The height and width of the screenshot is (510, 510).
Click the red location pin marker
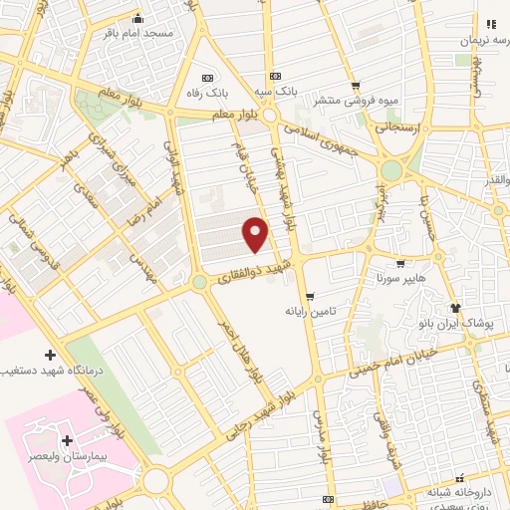(257, 233)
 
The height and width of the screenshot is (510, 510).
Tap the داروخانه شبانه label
(460, 491)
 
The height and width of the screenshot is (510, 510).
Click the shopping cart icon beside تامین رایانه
(310, 296)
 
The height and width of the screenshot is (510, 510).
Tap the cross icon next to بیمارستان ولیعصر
(66, 439)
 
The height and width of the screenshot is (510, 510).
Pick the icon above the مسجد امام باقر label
(137, 18)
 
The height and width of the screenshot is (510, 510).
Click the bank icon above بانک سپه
(275, 77)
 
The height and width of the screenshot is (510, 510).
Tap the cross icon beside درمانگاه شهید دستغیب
(50, 355)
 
